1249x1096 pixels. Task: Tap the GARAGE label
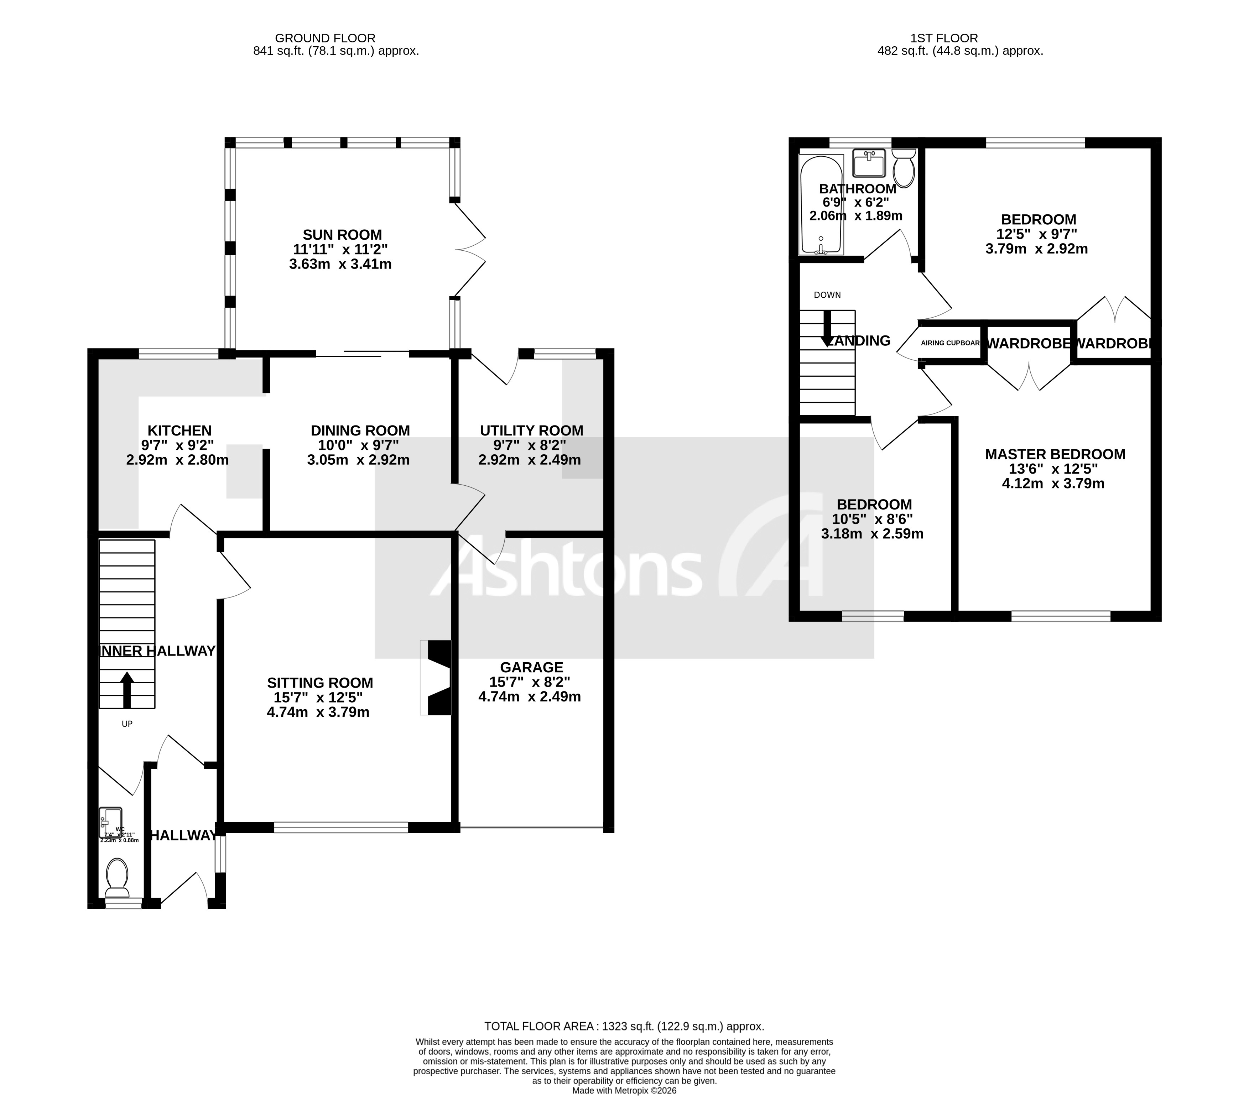coord(531,667)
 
